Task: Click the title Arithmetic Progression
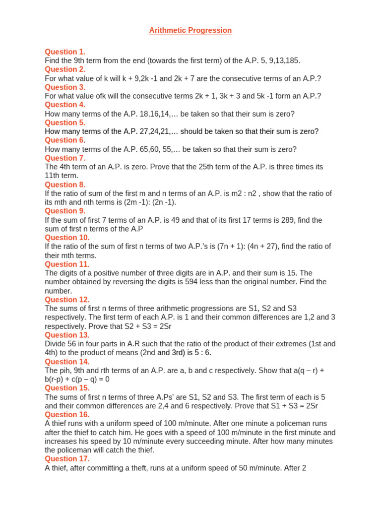coord(190,30)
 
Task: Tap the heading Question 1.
coord(65,52)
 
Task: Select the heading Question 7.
coord(65,158)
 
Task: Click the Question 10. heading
coord(67,238)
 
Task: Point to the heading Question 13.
coord(67,335)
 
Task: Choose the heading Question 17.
coord(67,459)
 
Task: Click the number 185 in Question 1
coord(292,61)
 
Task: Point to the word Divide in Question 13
coord(56,344)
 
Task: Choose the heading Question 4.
coord(65,105)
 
